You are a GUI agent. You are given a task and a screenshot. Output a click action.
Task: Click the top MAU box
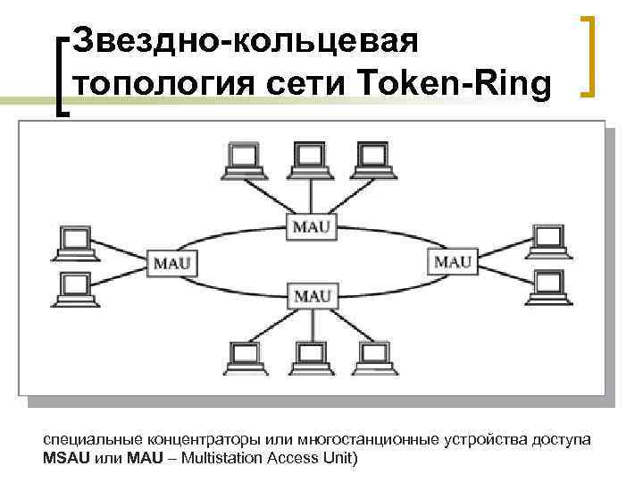tap(311, 225)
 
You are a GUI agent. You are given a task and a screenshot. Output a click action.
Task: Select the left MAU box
tap(171, 263)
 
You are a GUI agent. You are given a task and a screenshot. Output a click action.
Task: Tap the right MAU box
tap(452, 261)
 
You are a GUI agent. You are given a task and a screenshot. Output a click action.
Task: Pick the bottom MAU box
tap(312, 294)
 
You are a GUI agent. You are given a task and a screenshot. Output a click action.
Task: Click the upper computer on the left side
tap(72, 242)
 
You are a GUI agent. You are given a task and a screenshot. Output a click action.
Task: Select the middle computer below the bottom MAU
tap(308, 360)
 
